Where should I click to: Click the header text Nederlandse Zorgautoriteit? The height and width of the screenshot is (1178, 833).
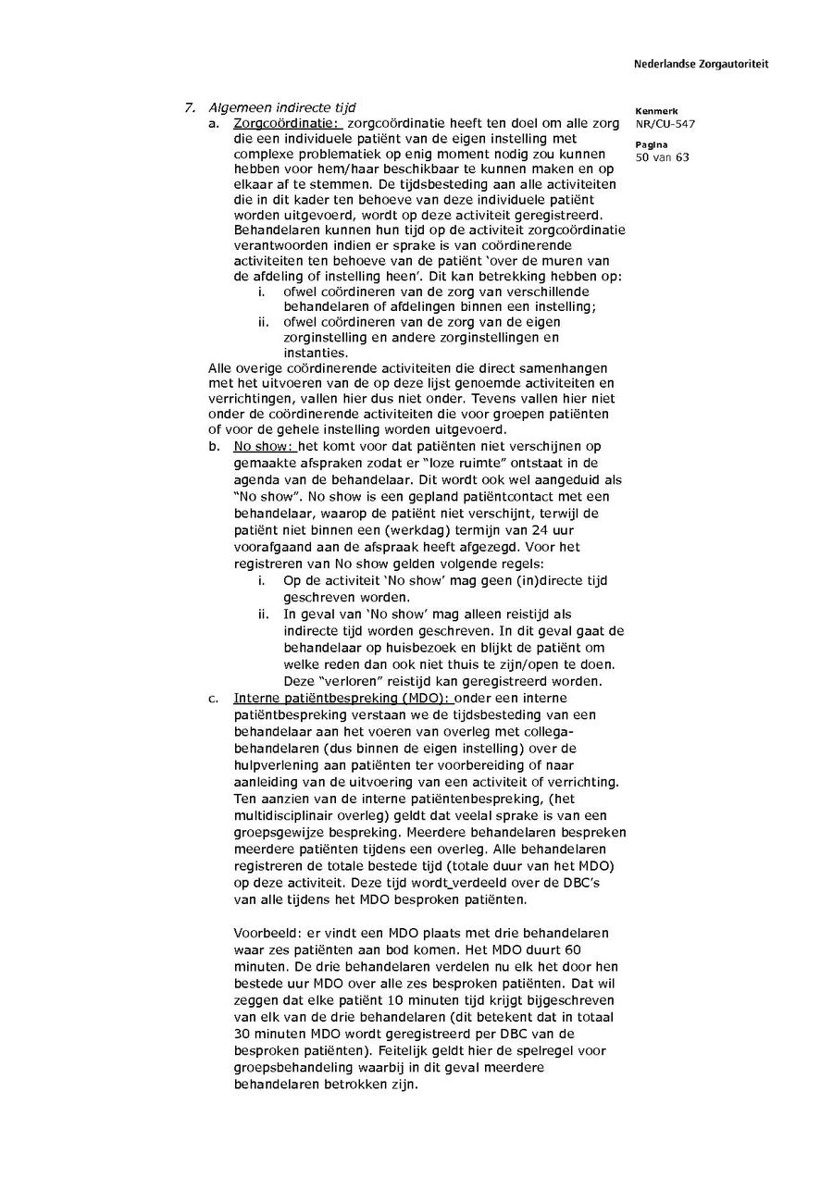pyautogui.click(x=701, y=65)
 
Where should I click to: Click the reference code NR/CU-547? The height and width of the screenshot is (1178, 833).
pyautogui.click(x=665, y=124)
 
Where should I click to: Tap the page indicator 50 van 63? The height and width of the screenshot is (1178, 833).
pyautogui.click(x=662, y=157)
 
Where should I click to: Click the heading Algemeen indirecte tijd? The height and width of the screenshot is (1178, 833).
pyautogui.click(x=281, y=107)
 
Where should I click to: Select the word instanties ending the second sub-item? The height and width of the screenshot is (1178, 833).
pyautogui.click(x=316, y=353)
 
